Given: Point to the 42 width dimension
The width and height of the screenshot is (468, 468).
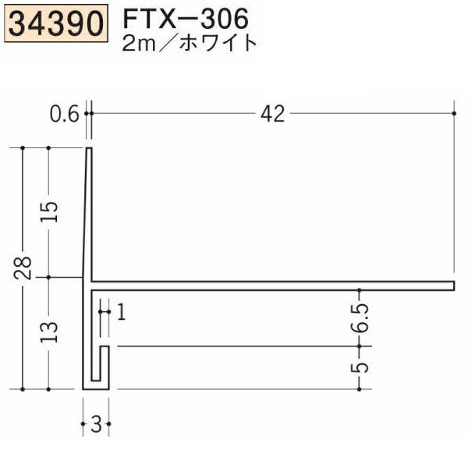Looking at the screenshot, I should pos(272,114).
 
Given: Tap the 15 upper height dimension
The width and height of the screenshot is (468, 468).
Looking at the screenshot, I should pos(49,212).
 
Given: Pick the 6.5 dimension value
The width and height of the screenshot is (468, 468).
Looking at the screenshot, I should pos(359,318).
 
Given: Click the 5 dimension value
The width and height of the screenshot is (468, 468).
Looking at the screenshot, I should pos(359,367).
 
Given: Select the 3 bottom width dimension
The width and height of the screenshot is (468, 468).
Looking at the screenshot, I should pos(96,425).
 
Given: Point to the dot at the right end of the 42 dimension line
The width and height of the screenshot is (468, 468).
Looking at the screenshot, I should pos(455,114).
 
